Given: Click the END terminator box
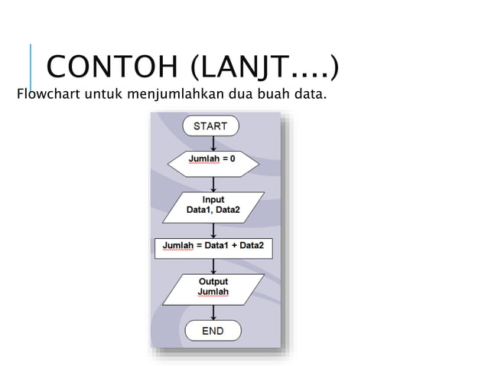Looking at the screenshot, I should pos(213,331).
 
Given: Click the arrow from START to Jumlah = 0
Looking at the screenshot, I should pos(213,142).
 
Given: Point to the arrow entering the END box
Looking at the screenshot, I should pos(213,312).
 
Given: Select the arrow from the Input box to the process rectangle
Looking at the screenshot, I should pos(213,229).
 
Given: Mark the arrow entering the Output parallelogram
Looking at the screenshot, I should pos(213,266).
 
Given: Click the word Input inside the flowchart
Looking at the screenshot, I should pos(213,200).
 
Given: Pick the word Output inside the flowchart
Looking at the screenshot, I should pos(213,282).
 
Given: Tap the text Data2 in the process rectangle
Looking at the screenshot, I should pos(249,246).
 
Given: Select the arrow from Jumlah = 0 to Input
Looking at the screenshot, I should pos(213,182).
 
